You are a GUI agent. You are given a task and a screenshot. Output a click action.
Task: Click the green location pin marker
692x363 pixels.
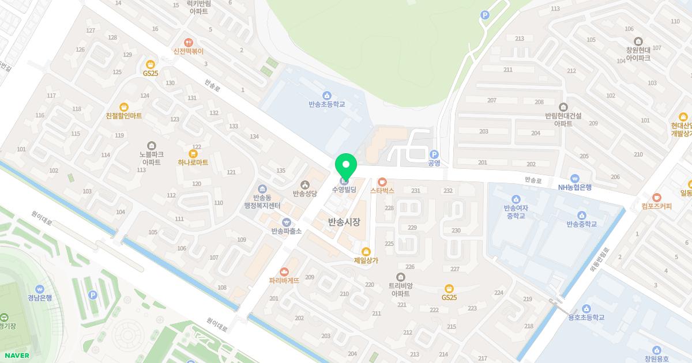[x=346, y=166]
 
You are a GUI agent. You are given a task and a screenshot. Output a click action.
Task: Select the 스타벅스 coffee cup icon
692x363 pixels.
[x=382, y=181]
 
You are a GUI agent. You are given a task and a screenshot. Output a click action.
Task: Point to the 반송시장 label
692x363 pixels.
[x=344, y=222]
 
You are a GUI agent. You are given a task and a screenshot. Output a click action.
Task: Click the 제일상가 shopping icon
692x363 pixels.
[x=366, y=251]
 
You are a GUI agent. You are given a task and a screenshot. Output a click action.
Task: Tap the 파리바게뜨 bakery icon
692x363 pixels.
[x=284, y=272]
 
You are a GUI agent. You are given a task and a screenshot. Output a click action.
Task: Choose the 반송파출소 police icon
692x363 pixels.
[x=286, y=222]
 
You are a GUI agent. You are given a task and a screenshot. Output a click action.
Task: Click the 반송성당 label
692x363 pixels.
[x=304, y=194]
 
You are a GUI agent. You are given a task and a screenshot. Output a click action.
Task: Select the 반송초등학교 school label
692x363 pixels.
[x=326, y=104]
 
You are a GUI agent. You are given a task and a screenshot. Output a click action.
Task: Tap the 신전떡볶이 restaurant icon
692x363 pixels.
[x=188, y=42]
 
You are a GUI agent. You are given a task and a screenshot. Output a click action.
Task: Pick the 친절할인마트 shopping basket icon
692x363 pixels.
[x=124, y=107]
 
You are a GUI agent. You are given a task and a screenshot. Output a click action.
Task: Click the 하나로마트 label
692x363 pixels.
[x=193, y=162]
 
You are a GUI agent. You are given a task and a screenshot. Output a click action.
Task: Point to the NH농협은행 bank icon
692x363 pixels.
[x=574, y=178]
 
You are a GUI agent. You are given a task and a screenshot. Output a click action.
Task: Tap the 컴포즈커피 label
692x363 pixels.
[x=656, y=206]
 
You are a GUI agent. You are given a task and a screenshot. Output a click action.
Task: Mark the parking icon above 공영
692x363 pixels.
[x=434, y=154]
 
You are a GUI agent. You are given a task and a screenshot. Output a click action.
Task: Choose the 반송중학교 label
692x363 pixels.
[x=581, y=224]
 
